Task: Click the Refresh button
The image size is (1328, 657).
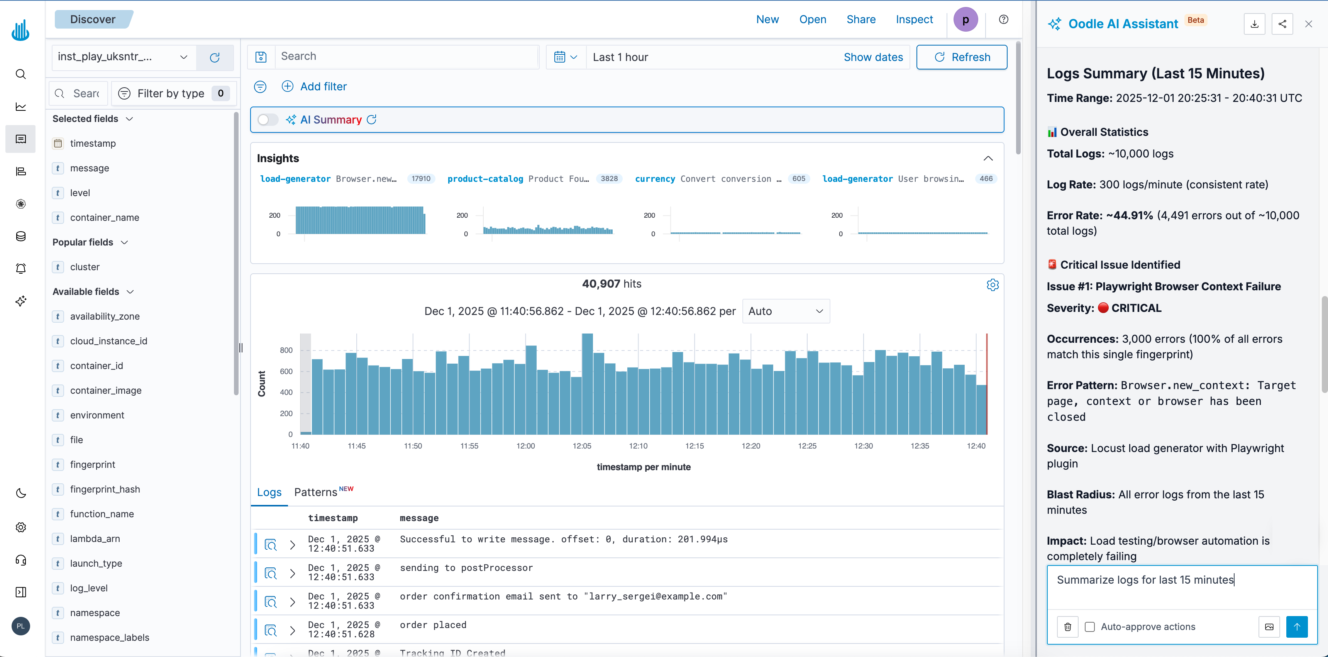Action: point(962,57)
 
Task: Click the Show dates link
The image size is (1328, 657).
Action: point(873,57)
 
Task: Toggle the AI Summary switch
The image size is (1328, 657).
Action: point(267,120)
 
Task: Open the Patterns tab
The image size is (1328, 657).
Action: point(315,492)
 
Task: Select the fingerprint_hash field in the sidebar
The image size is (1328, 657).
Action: point(105,489)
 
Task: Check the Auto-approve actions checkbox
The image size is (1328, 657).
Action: point(1089,627)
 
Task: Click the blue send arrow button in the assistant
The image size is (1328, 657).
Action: point(1297,627)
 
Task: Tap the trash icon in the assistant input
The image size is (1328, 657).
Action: point(1068,627)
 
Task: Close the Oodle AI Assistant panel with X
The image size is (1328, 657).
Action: point(1308,24)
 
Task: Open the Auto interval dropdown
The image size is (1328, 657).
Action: point(786,311)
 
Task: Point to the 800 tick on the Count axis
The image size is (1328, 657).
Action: point(286,351)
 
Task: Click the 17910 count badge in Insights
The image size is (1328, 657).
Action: point(421,179)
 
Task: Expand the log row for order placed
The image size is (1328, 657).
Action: point(292,630)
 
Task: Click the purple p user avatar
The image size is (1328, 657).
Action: point(965,20)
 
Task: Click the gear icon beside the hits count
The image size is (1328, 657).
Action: point(993,285)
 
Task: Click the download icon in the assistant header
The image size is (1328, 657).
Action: point(1254,24)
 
